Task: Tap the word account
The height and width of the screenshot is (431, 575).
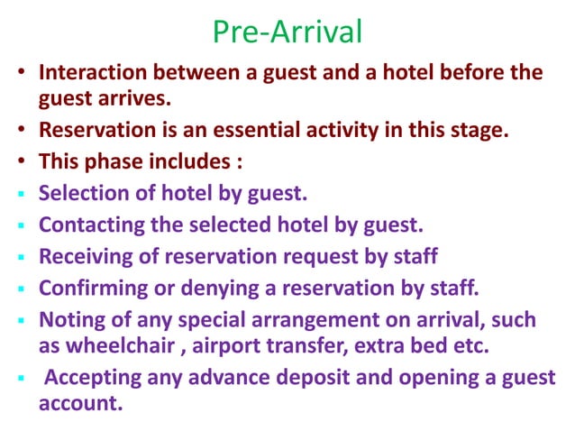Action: [79, 402]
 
